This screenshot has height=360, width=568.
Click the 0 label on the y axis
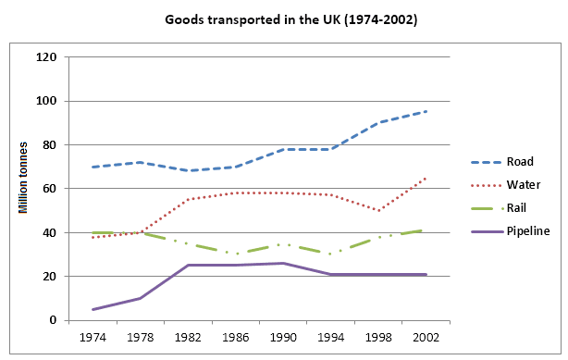[54, 321]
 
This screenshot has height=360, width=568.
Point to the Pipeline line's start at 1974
[91, 309]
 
